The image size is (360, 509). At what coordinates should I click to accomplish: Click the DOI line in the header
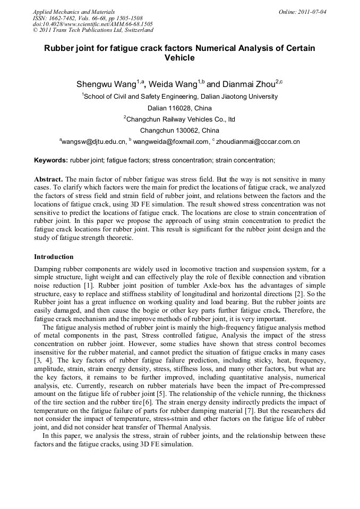tap(92, 24)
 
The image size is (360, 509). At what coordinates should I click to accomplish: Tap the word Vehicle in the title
tap(179, 58)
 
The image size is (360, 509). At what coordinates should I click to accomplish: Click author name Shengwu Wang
tap(106, 84)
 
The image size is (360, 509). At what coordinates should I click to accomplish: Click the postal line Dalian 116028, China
tap(179, 108)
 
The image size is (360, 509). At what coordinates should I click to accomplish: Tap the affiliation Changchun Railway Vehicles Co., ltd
tap(179, 119)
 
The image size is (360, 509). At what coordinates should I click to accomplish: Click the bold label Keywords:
tap(51, 160)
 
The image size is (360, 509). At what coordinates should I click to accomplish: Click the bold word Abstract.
tap(49, 179)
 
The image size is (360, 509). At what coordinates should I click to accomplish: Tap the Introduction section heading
tap(54, 256)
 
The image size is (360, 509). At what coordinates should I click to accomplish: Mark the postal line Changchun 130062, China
tap(179, 130)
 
